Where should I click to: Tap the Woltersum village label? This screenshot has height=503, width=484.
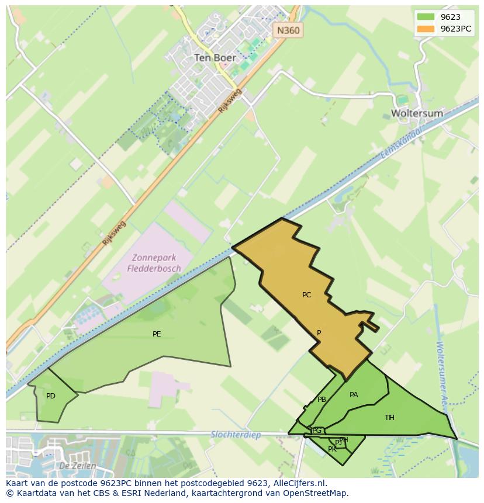[417, 113]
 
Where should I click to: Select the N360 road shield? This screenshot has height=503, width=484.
[289, 30]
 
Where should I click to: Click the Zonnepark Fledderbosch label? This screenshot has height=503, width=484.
[156, 263]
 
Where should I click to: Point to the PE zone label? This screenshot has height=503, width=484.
[157, 334]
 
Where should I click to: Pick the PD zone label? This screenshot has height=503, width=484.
[51, 396]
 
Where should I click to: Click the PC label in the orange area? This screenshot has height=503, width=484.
[306, 295]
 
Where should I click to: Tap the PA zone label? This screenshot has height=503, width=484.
[354, 395]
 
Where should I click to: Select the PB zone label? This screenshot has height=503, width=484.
[321, 400]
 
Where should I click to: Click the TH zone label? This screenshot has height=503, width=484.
[389, 417]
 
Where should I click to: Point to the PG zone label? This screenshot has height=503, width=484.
[317, 431]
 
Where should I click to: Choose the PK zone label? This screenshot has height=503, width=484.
[332, 449]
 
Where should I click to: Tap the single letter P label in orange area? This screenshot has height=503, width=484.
[319, 333]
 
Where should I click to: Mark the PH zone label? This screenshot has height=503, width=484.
[344, 440]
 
